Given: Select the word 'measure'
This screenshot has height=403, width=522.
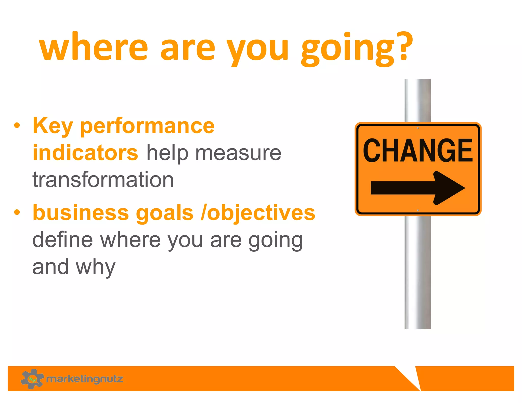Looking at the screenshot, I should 238,153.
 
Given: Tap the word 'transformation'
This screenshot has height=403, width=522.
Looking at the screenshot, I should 103,180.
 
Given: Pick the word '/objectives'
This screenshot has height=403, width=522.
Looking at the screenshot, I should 258,213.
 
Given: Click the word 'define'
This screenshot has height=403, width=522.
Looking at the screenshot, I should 63,240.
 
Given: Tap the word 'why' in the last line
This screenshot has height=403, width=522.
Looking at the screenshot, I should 96,267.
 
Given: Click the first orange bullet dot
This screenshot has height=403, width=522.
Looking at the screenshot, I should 17,126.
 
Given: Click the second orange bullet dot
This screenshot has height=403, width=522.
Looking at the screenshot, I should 17,212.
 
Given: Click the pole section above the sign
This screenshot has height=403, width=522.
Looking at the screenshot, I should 417,101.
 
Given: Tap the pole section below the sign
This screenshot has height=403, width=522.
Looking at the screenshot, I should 417,273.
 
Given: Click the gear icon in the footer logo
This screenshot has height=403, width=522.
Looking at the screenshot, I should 32,379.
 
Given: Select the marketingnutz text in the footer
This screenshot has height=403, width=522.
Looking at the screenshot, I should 85,379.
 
